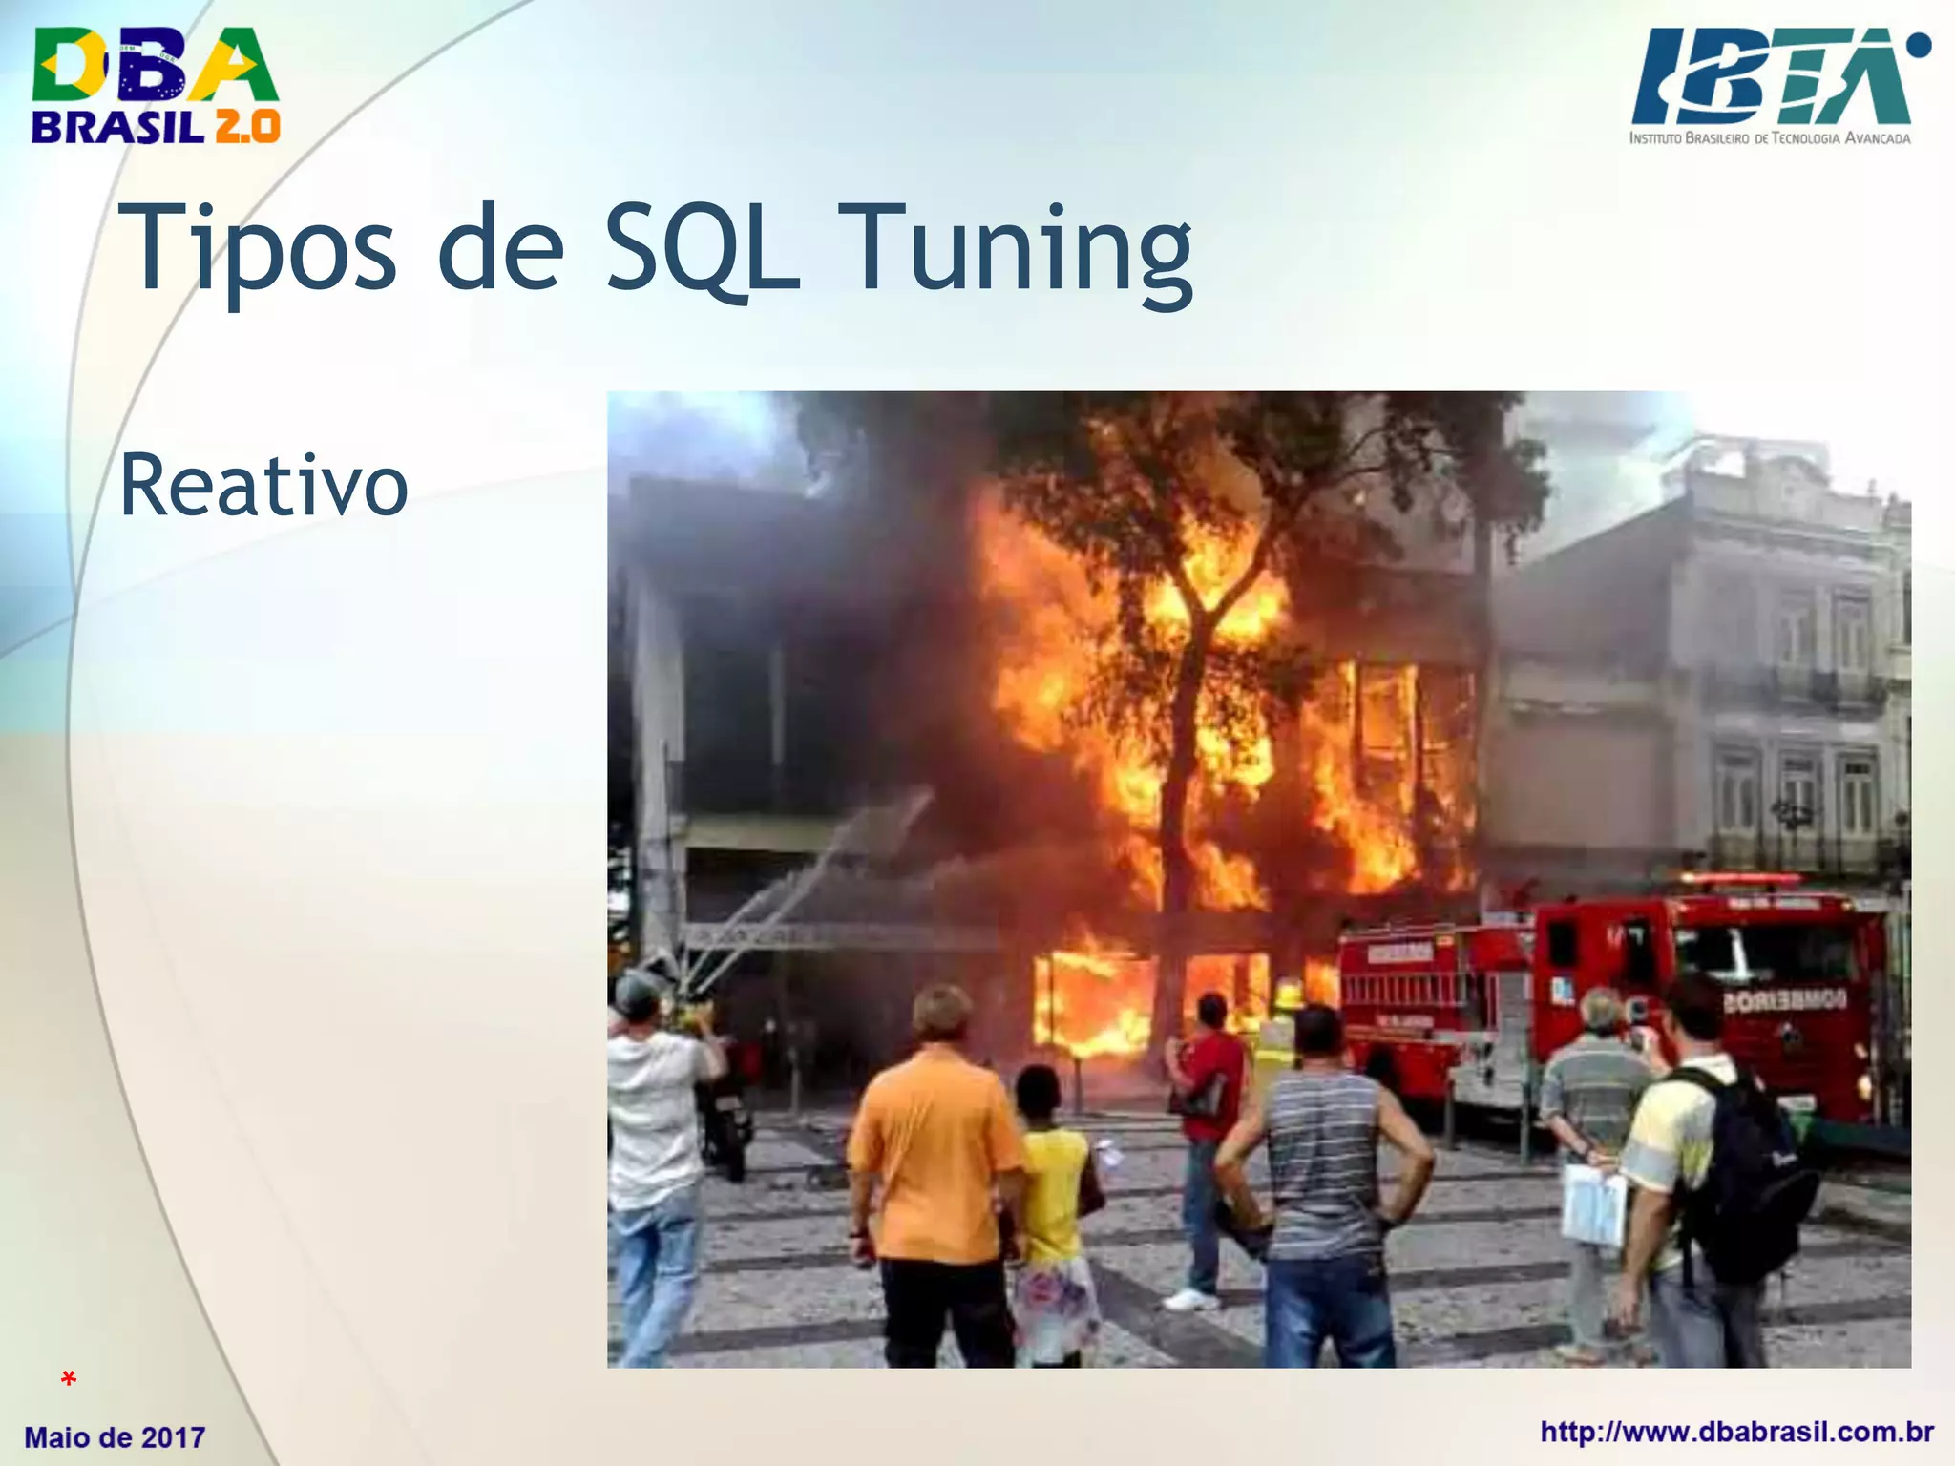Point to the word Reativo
(x=263, y=486)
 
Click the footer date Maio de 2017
(x=115, y=1436)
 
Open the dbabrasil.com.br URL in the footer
(x=1736, y=1432)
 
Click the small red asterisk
(x=68, y=1379)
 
